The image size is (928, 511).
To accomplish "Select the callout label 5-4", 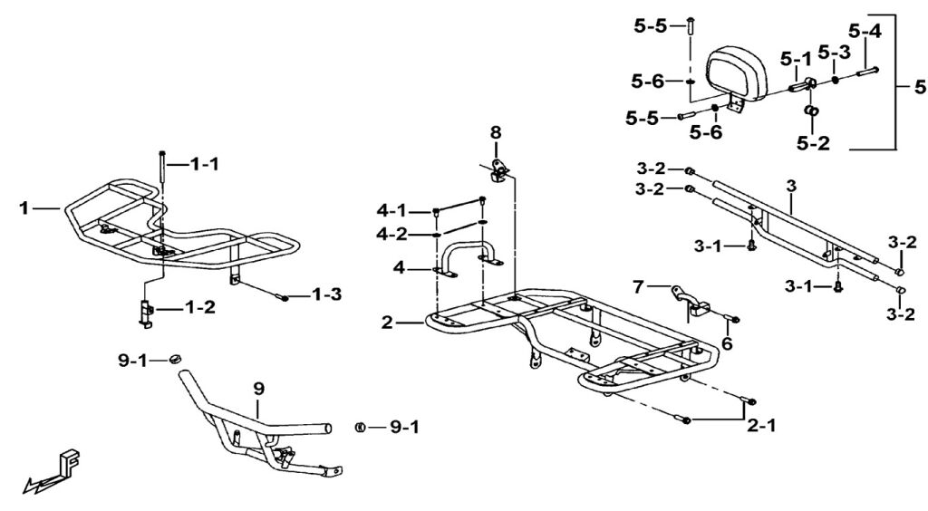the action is point(865,30).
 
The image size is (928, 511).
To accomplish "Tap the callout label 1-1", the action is point(204,164).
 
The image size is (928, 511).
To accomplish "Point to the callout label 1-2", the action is point(199,308).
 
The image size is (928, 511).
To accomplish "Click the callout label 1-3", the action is point(326,294).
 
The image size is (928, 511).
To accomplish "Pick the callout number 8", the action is point(496,132).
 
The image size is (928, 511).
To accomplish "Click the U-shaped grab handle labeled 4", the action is point(468,258).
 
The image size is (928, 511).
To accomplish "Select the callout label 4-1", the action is point(391,210).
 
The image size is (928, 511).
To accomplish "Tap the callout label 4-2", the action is point(391,235).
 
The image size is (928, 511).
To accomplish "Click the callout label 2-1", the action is point(760,425).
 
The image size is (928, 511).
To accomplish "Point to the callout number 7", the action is point(638,287).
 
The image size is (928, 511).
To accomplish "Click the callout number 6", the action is point(727,343).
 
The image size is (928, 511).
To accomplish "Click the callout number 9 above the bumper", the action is point(258,390).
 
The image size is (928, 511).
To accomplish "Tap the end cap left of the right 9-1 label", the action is point(359,427).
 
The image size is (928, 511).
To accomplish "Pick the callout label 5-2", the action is point(813,142).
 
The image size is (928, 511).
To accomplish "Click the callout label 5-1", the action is point(796,59).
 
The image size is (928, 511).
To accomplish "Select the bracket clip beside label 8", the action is point(499,171).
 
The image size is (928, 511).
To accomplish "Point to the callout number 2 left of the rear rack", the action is point(387,323).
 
